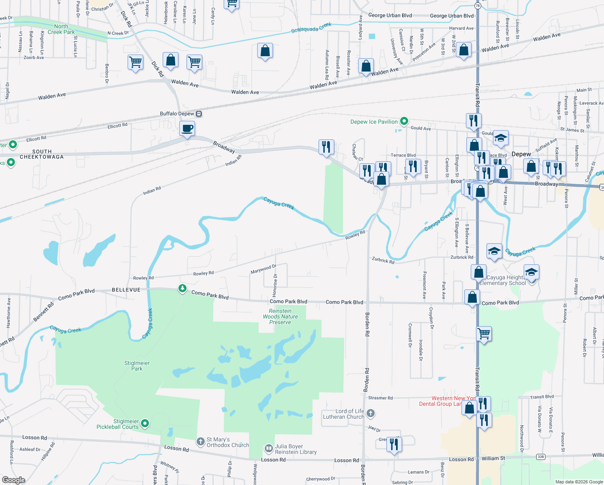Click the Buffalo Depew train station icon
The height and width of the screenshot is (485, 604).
point(199,114)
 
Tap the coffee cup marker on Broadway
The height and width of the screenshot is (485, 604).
point(187,129)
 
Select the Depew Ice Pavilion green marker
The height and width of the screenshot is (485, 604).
point(404,121)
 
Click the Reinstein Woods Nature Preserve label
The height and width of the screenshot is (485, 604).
point(280,316)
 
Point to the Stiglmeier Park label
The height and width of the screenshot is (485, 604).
point(137,366)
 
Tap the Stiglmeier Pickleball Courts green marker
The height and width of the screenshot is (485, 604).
point(145,423)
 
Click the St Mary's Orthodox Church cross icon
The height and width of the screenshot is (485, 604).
point(201,442)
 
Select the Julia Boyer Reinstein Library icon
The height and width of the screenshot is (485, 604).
point(269,449)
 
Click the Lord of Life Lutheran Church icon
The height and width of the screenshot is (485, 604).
point(371,413)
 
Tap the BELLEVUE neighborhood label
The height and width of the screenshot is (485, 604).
point(126,290)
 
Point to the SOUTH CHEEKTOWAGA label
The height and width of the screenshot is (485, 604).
point(42,154)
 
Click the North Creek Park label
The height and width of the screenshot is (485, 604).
point(61,29)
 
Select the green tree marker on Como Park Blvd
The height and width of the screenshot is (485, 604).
point(182,288)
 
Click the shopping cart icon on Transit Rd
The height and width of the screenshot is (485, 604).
point(484,334)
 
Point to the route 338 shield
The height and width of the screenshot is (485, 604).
point(541,457)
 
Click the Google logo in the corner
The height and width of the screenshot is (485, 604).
point(13,480)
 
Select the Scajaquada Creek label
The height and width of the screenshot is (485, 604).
point(311,28)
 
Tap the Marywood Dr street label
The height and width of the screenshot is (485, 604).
point(263,269)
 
